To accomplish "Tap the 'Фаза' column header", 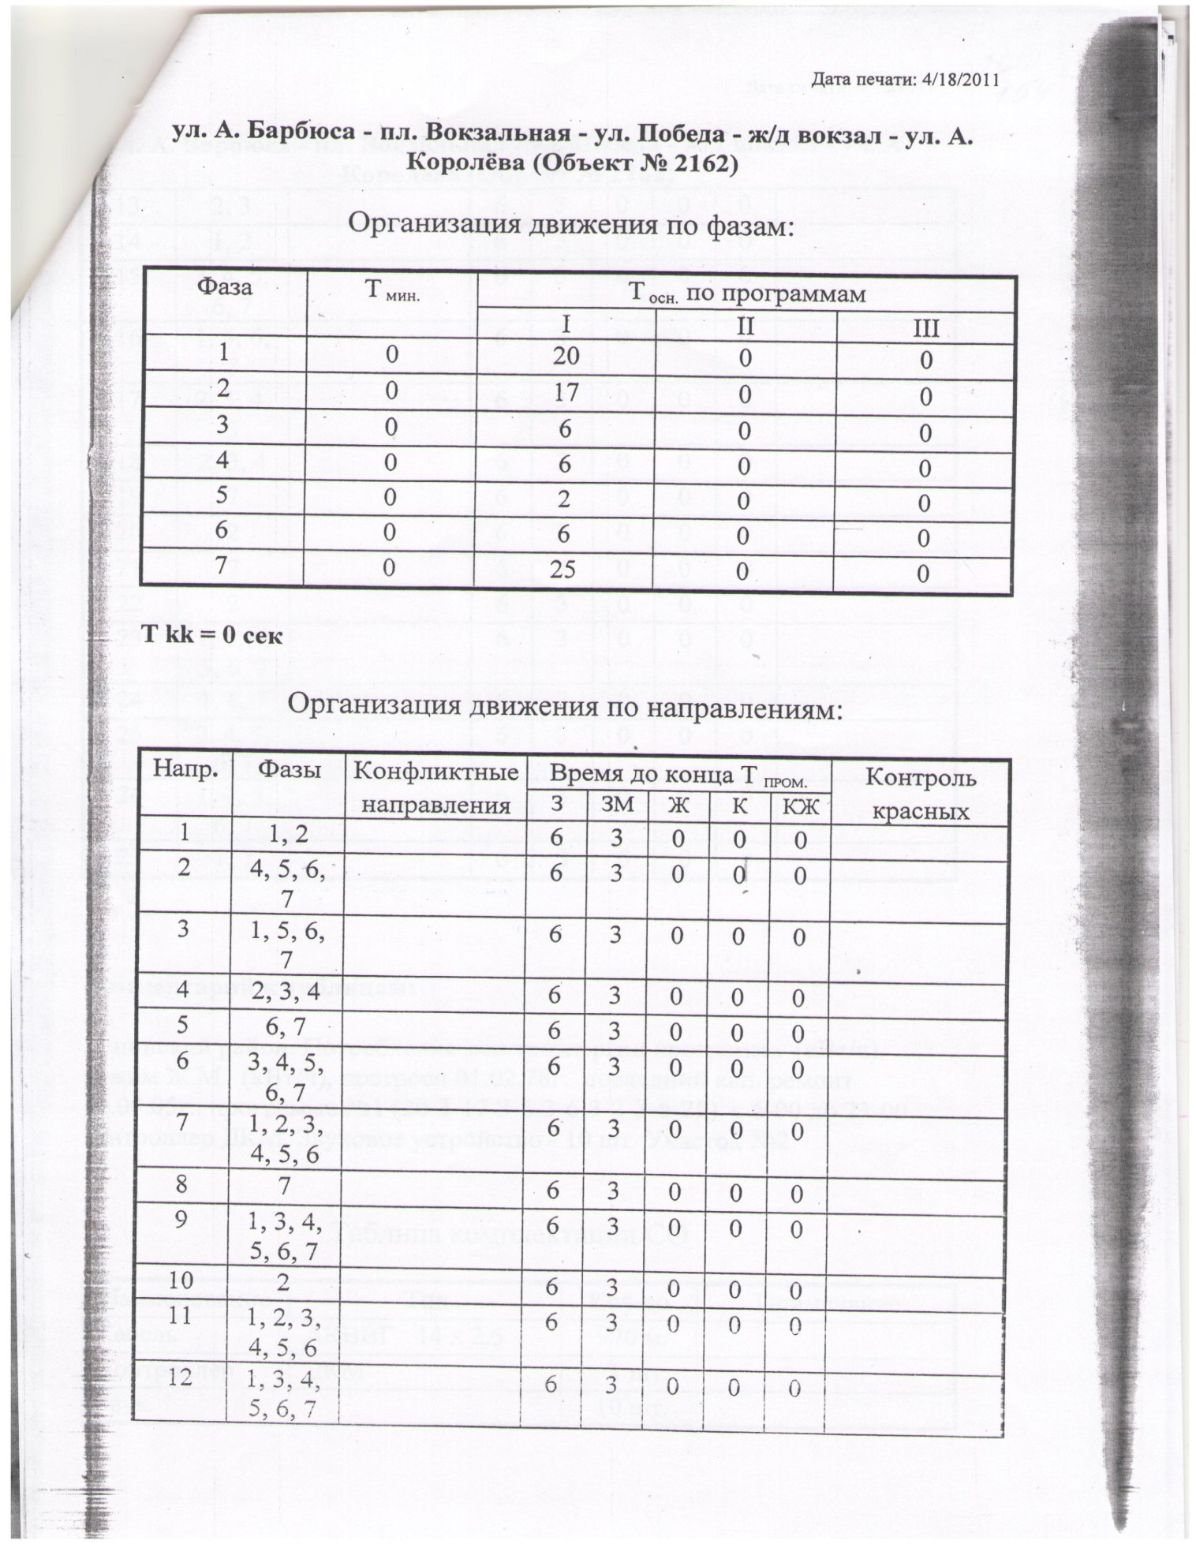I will [225, 286].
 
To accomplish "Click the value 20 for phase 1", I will [566, 356].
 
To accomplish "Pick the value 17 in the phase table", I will [566, 392].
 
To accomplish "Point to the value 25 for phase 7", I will [563, 568].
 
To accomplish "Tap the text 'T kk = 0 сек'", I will [211, 635].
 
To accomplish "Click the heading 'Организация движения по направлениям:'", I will [565, 707].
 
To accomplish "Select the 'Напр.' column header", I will [185, 768].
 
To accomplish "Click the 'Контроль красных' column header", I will [921, 793].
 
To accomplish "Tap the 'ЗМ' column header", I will [616, 805].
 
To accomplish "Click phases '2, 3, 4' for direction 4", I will [285, 992].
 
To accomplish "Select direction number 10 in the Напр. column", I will [181, 1280].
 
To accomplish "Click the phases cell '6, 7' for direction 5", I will [286, 1027].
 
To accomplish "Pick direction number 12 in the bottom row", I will [181, 1378].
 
